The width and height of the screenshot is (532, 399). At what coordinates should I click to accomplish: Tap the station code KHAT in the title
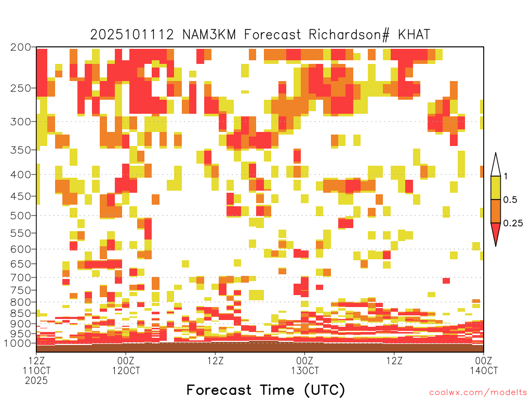(x=414, y=35)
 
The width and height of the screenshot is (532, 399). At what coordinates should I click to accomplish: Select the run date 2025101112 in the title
(x=132, y=35)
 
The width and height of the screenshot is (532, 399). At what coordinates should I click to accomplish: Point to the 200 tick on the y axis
(x=20, y=47)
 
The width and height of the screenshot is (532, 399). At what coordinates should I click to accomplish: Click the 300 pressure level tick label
(x=20, y=122)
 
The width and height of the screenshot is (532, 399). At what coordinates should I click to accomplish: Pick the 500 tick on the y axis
(x=20, y=216)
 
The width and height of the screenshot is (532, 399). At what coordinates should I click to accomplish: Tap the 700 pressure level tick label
(x=20, y=277)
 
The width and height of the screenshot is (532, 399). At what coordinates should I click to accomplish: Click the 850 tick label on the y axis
(x=20, y=313)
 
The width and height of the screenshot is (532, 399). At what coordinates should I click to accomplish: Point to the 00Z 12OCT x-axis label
(x=126, y=365)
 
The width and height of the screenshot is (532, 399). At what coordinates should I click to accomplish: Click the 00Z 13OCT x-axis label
(x=304, y=365)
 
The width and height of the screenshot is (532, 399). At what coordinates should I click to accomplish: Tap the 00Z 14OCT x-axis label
(x=484, y=365)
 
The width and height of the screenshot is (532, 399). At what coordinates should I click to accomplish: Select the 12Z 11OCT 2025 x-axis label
(x=36, y=370)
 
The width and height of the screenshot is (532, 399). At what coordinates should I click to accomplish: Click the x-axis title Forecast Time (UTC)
(x=265, y=390)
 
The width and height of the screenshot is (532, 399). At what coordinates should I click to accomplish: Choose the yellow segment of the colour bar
(x=496, y=188)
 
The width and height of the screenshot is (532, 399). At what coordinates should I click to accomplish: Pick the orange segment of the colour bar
(x=496, y=211)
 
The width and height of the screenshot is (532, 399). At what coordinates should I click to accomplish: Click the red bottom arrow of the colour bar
(x=496, y=232)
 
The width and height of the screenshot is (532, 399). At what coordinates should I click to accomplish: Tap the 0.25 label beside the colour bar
(x=513, y=223)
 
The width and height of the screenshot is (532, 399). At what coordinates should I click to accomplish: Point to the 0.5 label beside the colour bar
(x=510, y=199)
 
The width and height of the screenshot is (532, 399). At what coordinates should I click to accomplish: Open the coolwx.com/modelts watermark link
(x=478, y=393)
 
